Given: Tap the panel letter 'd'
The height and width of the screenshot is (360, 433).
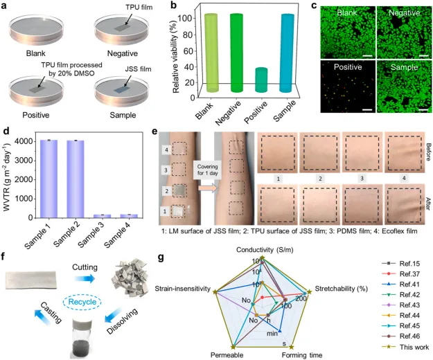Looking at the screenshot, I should [6, 128].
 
